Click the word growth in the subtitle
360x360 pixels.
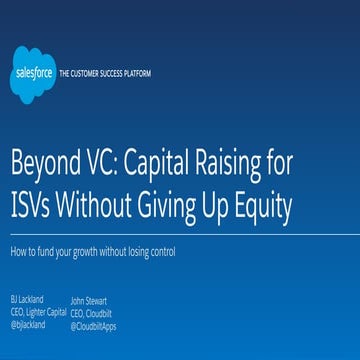pos(84,253)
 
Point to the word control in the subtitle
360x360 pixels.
pos(160,253)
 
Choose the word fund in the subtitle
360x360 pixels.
pos(49,253)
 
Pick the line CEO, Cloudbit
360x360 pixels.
pos(92,312)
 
